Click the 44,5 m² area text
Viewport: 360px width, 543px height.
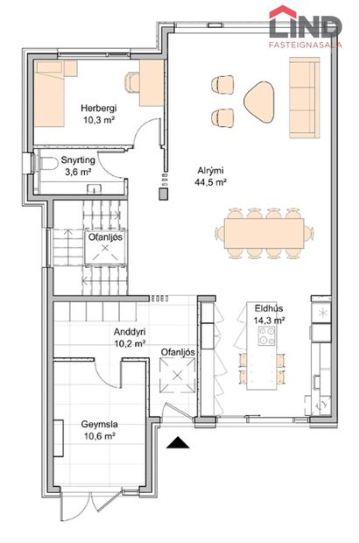point(210,183)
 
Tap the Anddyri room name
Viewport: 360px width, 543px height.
point(130,332)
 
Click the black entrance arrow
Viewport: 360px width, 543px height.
point(179,443)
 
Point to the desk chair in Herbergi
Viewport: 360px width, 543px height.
point(132,81)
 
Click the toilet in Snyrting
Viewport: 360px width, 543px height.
point(44,164)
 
